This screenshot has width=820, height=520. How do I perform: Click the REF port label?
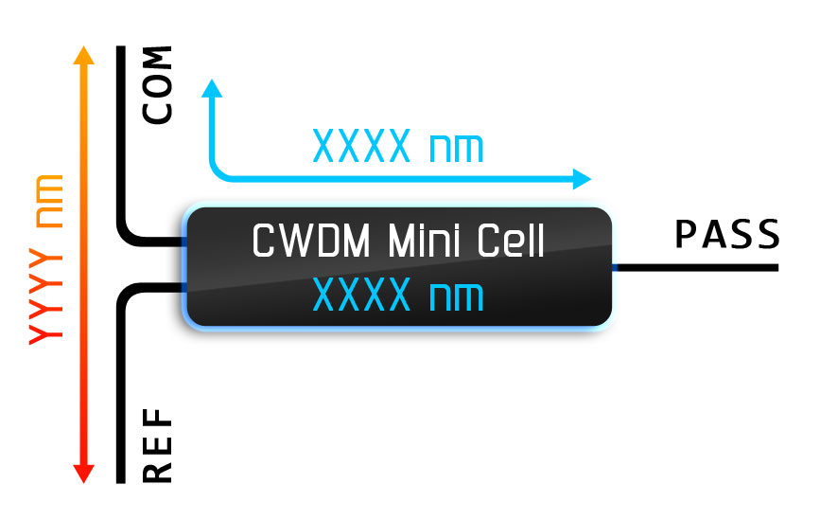tap(158, 446)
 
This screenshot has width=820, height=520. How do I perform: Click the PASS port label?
tap(726, 235)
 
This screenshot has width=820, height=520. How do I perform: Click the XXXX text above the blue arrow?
tap(360, 147)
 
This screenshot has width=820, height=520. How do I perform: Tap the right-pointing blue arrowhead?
tap(581, 179)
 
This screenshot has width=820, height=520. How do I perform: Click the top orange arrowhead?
tap(84, 55)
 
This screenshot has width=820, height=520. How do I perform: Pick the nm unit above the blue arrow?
tap(456, 150)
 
